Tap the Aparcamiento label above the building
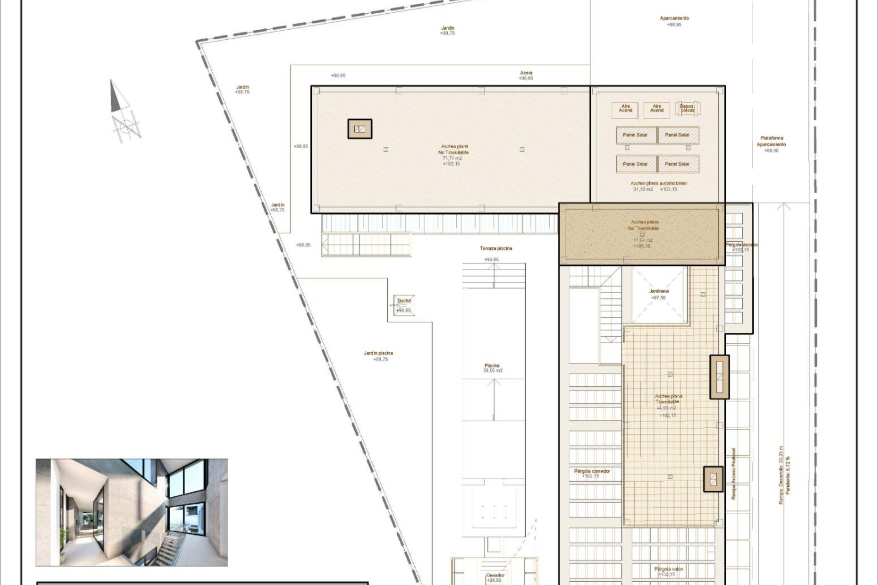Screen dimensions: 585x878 coord(674,18)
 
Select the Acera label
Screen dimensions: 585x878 coord(526,73)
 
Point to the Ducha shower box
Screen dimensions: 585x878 coord(404,305)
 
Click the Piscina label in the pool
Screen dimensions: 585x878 coord(492,366)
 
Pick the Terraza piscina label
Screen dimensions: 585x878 coord(496,249)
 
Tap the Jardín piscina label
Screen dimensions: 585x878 coord(378,353)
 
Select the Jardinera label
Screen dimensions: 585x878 coord(658,291)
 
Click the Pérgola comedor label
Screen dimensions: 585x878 coord(592,471)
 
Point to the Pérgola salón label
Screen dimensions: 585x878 coord(669,569)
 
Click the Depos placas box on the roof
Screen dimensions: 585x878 coord(687,109)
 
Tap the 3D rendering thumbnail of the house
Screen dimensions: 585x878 coord(132,512)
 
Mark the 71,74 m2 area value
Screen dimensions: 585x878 coord(452,158)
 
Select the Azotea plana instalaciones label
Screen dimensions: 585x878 coord(658,183)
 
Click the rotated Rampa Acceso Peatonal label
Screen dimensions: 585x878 coord(733,473)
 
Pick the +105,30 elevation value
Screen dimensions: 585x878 coord(642,246)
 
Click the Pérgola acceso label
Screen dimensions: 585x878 coord(741,245)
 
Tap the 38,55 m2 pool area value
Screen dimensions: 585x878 coord(493,371)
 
